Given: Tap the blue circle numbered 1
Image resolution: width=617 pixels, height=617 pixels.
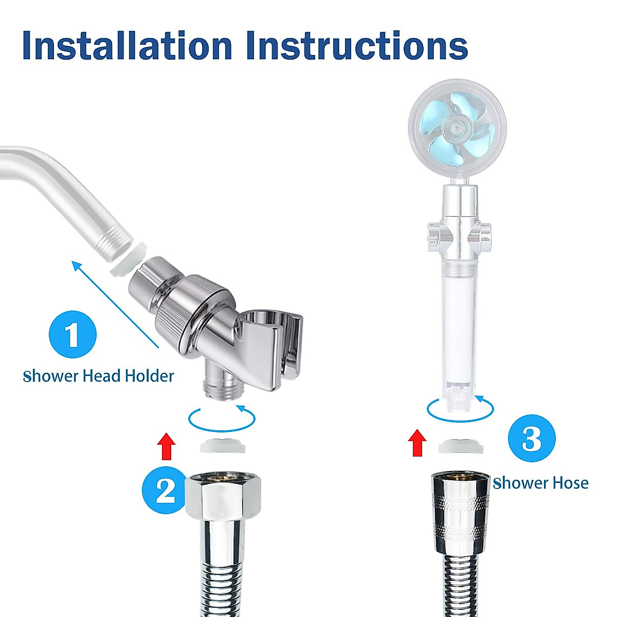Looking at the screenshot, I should point(72,334).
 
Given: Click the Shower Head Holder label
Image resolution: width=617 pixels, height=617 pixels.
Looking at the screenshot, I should point(99,376).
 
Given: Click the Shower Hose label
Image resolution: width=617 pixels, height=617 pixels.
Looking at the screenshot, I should point(540,483).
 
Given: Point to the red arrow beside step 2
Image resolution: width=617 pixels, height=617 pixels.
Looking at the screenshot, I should point(166,445).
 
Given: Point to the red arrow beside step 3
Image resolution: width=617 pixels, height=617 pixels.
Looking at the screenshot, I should point(417,443).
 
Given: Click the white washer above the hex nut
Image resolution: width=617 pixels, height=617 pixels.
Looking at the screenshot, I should point(222,446).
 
